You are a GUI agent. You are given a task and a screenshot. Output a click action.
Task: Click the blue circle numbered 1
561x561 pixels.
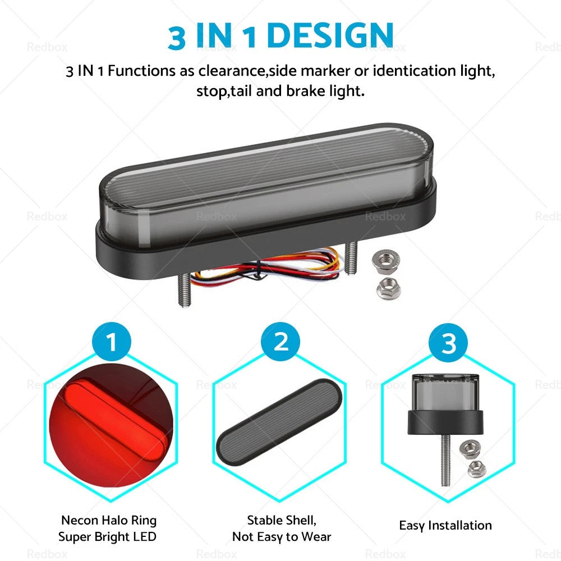point(112,341)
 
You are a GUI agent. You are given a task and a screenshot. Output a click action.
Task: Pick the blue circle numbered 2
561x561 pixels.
point(280,341)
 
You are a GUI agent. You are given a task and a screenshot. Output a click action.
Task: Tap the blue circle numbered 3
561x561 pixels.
point(448,342)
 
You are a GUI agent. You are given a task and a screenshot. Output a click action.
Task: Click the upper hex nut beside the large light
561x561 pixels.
point(386,260)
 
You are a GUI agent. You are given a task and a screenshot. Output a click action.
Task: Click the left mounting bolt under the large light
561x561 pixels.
point(184,291)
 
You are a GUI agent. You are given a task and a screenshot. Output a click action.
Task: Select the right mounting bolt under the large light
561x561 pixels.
point(351,257)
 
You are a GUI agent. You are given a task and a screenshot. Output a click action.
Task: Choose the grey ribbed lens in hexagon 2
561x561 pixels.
point(279,422)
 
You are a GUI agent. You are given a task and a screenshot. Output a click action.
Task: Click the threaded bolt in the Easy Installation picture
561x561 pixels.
point(445,459)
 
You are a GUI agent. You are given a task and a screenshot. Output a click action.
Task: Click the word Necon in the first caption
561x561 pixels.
point(80,520)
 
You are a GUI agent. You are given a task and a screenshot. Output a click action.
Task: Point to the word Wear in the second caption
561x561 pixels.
point(316,537)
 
